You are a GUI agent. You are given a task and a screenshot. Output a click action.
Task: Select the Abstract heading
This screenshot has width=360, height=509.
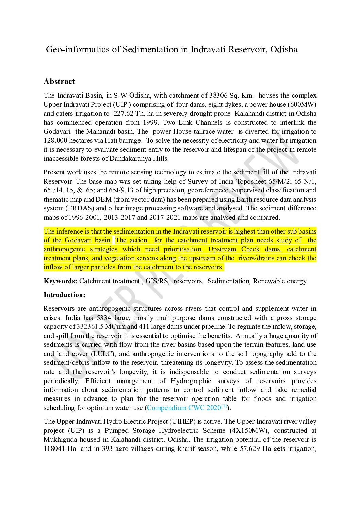coord(59,82)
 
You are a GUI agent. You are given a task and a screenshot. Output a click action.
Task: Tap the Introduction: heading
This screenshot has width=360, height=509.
coord(64,295)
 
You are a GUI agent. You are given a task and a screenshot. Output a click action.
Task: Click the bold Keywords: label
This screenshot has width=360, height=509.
coord(61,281)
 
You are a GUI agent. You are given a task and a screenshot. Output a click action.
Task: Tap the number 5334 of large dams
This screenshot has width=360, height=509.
coord(104,318)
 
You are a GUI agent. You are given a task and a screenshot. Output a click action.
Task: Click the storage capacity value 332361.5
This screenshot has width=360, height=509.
coord(89,327)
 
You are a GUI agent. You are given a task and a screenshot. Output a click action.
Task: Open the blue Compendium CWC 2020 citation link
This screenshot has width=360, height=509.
coord(184,408)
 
